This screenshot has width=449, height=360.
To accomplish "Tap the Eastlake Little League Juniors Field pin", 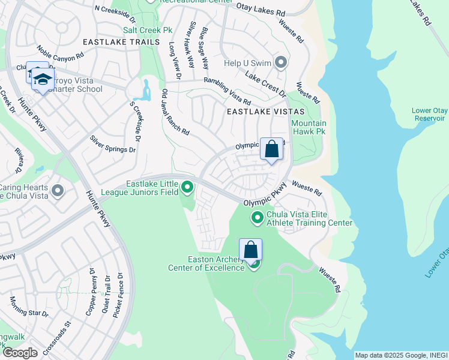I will pos(188,188).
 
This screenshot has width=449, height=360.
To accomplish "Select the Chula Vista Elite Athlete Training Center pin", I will pos(258,217).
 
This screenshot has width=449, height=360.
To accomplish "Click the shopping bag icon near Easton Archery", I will pos(251,250).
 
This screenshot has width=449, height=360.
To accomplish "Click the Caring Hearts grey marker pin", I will pos(58,191).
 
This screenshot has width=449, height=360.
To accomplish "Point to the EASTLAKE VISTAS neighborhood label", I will pos(265,112).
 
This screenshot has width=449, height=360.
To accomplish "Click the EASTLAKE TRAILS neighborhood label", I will pos(121,42).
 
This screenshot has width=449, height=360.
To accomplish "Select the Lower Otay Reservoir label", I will pos(429,114).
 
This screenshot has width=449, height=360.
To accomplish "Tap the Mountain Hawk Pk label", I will pos(309,127).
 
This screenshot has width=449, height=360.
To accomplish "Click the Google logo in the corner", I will pos(20,353).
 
